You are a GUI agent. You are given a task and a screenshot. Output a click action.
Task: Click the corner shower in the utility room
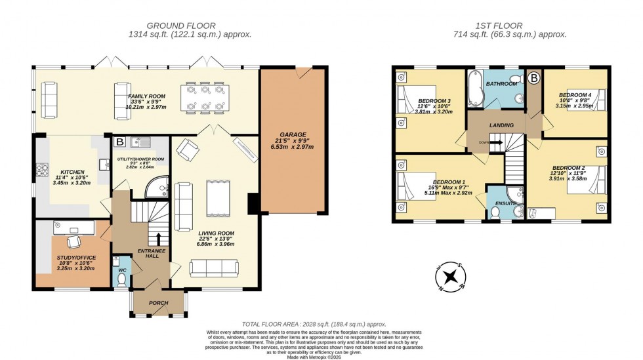click(x=157, y=188)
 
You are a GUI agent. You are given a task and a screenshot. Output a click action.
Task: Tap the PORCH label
click(x=159, y=303)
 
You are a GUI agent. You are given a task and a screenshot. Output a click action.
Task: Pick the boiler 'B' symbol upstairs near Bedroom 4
click(x=534, y=79)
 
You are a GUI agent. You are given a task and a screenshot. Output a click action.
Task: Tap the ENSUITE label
click(x=505, y=203)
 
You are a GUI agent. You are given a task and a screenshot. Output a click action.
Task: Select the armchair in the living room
click(x=186, y=151)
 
